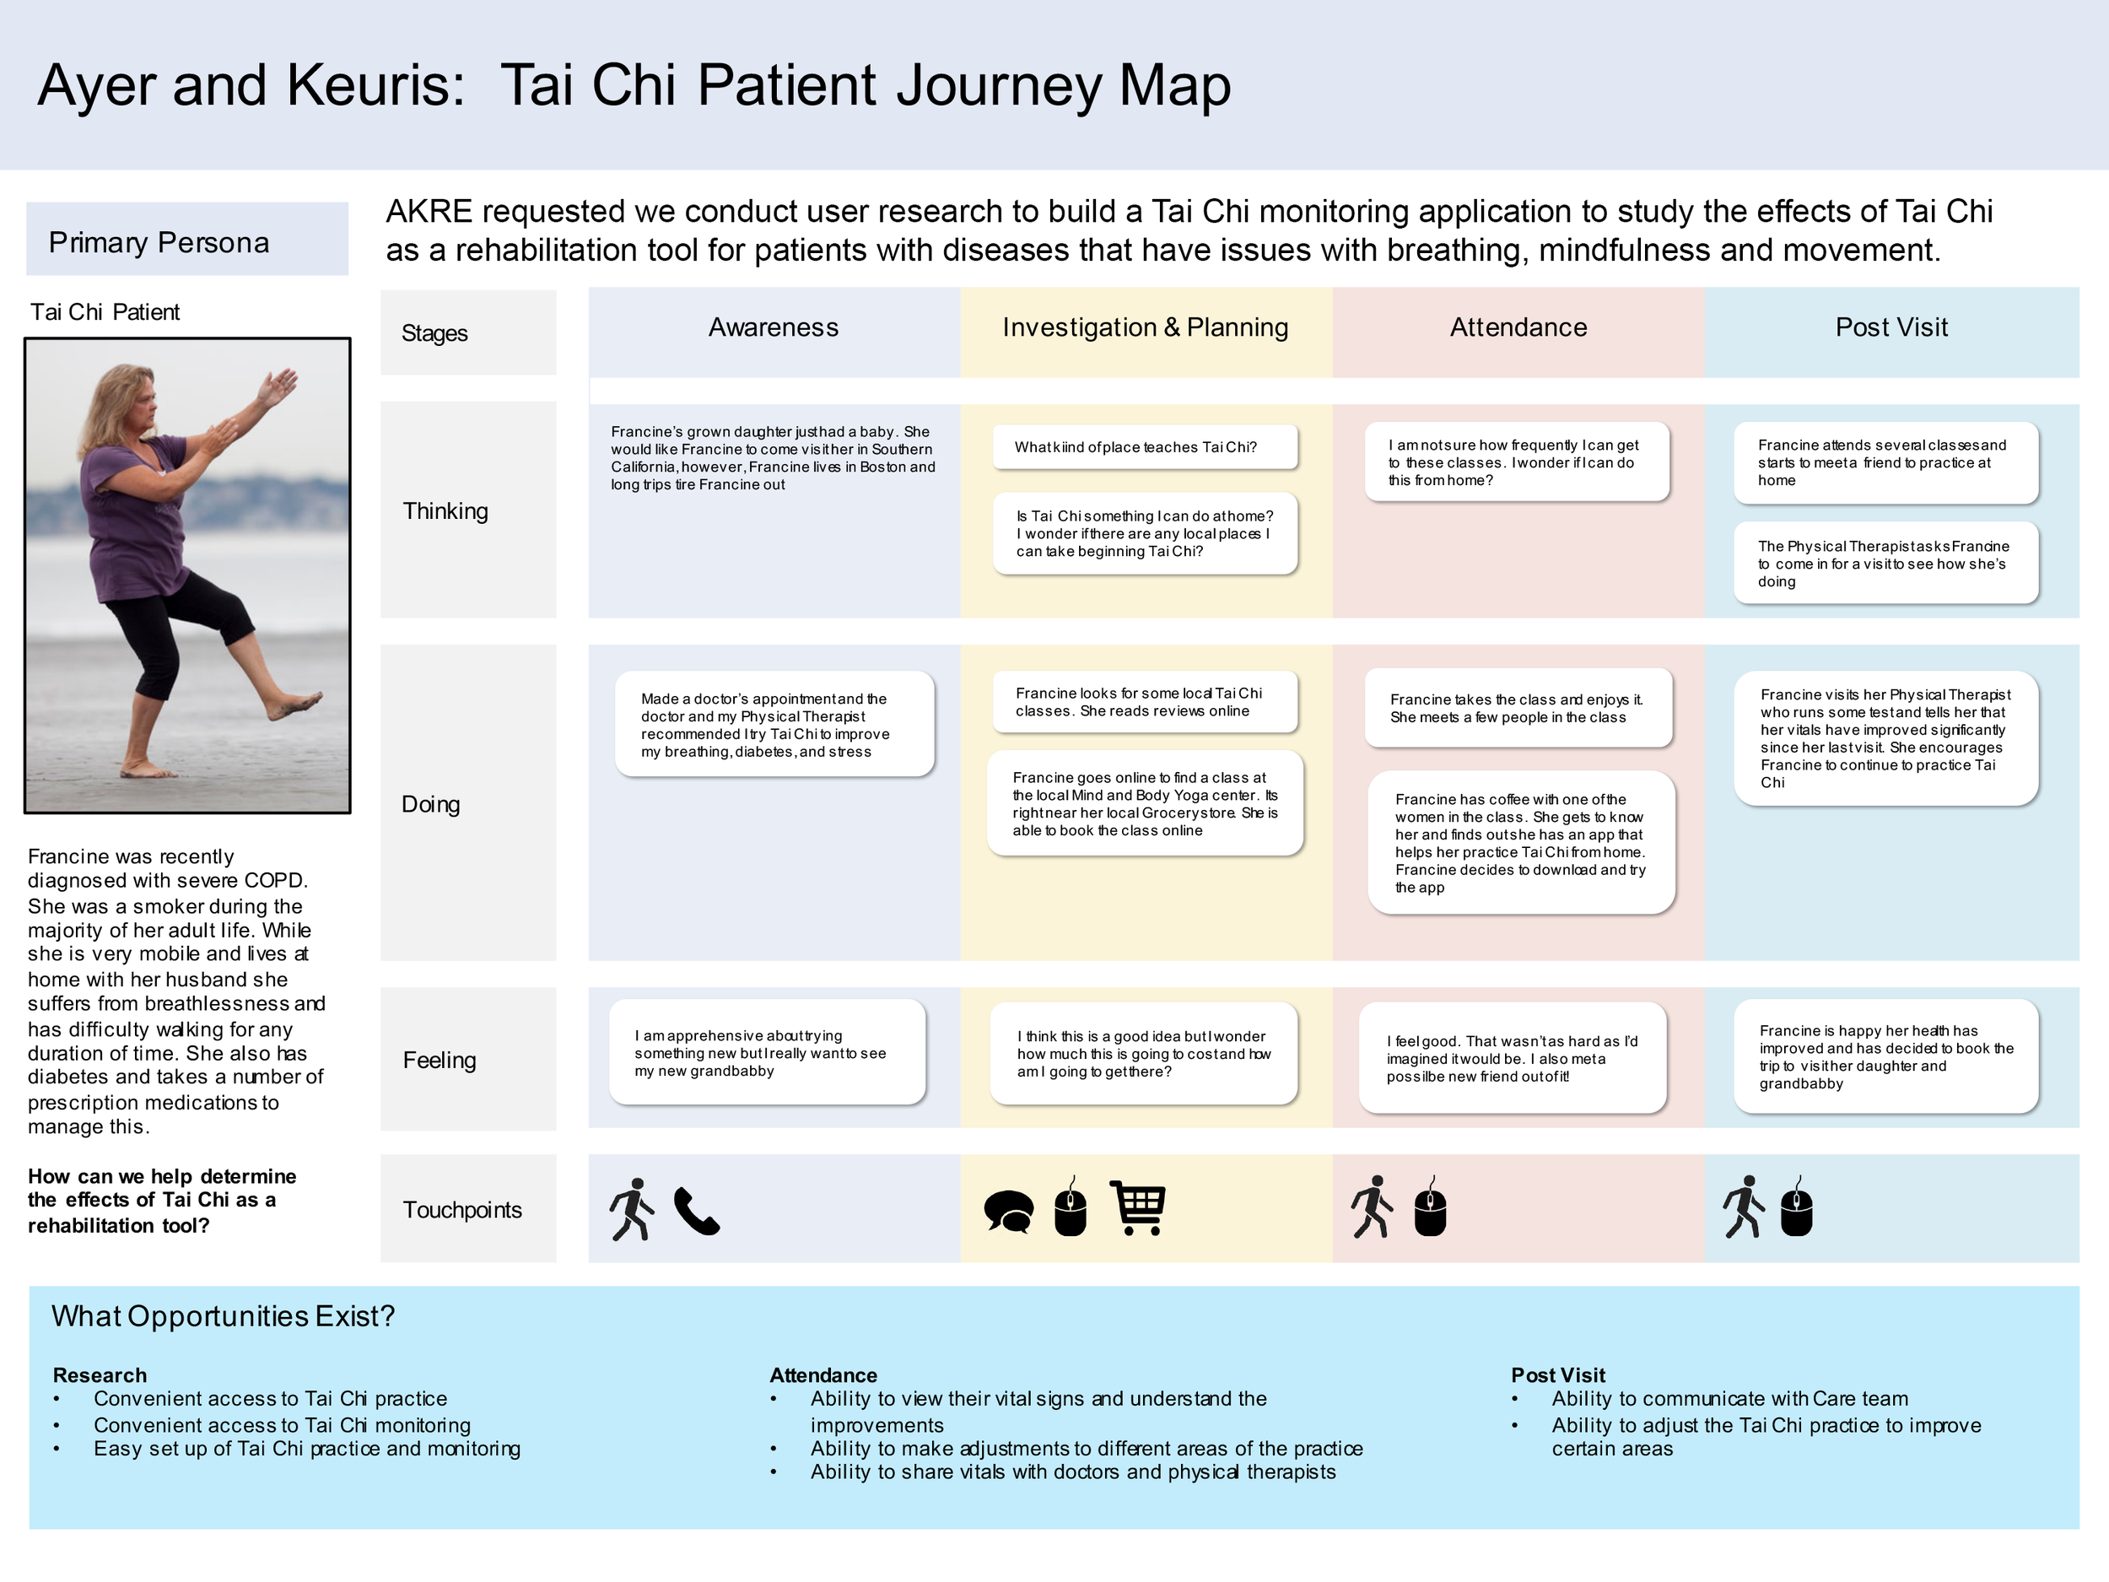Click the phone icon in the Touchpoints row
coord(697,1211)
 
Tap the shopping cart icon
coord(1138,1207)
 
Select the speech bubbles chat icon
coord(1009,1212)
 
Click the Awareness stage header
coord(774,328)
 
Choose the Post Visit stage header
coord(1891,328)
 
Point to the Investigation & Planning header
coord(1145,328)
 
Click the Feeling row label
coord(439,1061)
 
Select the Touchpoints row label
coord(462,1210)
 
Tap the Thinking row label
coord(445,511)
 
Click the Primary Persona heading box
coord(187,240)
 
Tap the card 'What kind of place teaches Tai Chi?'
coord(1145,447)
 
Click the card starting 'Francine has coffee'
coord(1521,843)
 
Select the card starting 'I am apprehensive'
coord(767,1053)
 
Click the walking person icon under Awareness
coord(632,1209)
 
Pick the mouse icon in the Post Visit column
coord(1796,1207)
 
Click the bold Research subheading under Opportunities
coord(100,1375)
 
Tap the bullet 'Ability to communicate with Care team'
coord(1729,1399)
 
